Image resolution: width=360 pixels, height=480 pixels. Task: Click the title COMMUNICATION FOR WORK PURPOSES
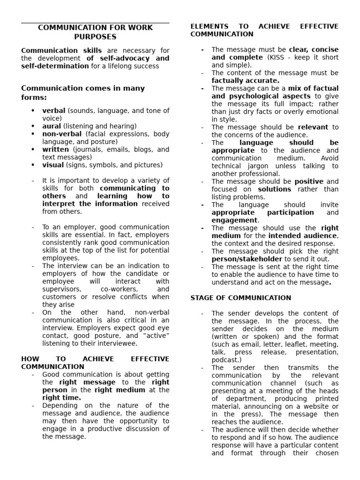point(95,32)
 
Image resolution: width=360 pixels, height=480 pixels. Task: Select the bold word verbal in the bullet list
point(54,111)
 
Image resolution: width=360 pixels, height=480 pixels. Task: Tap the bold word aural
point(52,126)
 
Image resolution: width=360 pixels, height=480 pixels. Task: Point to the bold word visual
point(53,165)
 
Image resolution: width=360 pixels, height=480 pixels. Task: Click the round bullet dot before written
point(33,150)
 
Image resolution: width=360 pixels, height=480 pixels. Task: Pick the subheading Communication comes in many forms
point(83,92)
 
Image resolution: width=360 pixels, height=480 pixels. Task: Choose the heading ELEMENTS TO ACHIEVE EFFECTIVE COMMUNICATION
point(264,30)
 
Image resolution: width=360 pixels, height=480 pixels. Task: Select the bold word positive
point(309,181)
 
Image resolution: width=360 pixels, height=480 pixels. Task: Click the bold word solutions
point(274,189)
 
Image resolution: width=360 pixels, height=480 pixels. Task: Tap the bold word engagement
point(234,220)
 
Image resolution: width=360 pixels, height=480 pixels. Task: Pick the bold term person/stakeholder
point(247,259)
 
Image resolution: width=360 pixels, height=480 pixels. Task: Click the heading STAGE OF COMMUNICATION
point(240,298)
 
